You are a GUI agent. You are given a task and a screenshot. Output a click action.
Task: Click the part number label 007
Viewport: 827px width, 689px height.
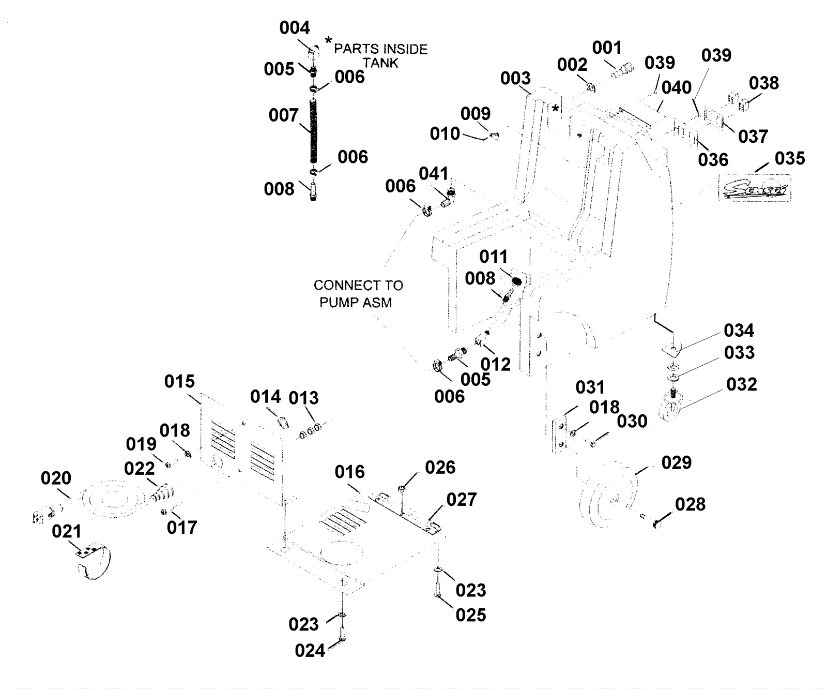coord(283,115)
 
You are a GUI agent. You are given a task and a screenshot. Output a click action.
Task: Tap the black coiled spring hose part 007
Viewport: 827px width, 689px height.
coord(313,131)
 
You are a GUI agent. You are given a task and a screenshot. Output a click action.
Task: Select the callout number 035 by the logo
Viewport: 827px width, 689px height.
coord(789,158)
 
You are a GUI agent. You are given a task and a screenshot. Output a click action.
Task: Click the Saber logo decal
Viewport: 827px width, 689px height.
coord(755,188)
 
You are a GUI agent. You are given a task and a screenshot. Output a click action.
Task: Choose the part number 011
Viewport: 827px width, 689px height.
coord(493,257)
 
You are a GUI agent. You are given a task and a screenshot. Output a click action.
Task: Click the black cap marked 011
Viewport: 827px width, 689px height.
coord(516,282)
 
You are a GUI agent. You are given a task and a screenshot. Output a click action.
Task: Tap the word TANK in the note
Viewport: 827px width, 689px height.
coord(380,63)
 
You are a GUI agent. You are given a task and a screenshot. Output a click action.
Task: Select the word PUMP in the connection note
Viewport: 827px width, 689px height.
coord(336,303)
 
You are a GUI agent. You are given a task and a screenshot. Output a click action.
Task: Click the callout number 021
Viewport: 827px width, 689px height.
coord(66,531)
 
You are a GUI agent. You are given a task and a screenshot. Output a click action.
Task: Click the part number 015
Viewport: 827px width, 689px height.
coord(179,382)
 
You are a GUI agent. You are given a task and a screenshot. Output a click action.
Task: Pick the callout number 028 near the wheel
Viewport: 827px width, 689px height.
coord(690,504)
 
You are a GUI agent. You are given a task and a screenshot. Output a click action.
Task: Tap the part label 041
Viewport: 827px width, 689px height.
coord(433,174)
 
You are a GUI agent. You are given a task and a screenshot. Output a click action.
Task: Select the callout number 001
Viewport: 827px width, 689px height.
coord(606,48)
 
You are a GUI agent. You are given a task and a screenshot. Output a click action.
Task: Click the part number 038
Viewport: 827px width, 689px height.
coord(763,83)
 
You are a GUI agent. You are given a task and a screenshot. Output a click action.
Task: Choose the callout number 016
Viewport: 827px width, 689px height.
coord(349,472)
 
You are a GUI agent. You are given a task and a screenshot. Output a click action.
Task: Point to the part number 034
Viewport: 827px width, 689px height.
coord(739,330)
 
